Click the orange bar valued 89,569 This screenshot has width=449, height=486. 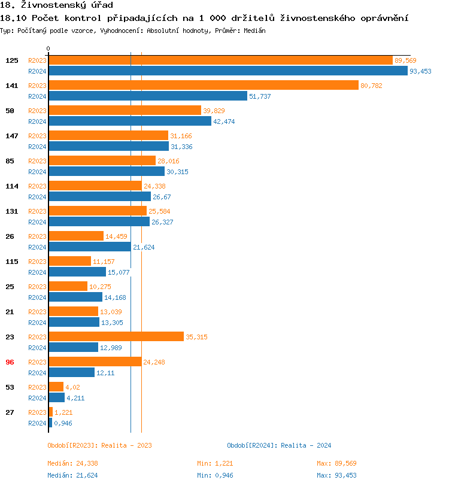[220, 60]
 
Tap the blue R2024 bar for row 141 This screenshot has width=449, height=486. [147, 96]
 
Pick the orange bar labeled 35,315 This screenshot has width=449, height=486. [116, 336]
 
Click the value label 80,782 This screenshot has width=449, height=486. [371, 86]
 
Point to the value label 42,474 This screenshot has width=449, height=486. [224, 121]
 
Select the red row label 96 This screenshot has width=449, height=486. [10, 362]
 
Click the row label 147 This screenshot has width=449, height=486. [11, 136]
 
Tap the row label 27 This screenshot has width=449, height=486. [10, 412]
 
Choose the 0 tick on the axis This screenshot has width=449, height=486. [48, 48]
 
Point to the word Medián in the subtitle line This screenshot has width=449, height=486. [254, 30]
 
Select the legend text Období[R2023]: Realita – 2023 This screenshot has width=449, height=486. [99, 445]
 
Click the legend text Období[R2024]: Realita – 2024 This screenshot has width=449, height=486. [279, 445]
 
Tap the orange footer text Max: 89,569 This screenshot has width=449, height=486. [336, 463]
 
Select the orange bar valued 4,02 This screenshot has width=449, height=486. [56, 387]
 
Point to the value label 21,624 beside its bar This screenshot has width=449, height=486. [144, 247]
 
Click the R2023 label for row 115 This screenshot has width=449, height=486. [37, 262]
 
